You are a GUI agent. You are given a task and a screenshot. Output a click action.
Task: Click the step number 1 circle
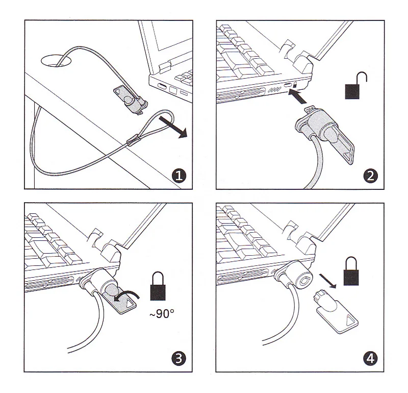(x=178, y=177)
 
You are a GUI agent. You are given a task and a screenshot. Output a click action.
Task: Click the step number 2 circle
(x=371, y=177)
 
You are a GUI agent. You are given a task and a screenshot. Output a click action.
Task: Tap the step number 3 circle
(x=178, y=359)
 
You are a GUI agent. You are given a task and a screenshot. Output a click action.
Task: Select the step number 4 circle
(x=371, y=359)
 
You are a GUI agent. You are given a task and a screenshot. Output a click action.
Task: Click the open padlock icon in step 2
(x=356, y=85)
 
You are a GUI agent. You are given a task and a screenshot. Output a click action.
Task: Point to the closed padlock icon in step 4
(x=351, y=273)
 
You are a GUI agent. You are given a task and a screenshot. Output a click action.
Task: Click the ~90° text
(x=162, y=313)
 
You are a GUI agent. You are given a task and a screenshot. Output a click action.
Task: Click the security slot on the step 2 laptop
(x=287, y=84)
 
